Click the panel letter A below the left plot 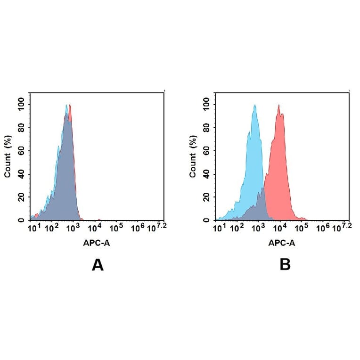tap(98, 266)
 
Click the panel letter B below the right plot tap(285, 266)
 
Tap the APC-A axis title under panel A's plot tap(98, 243)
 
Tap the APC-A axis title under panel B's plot tap(282, 243)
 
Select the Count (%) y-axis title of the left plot tap(8, 157)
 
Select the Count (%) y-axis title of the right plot tap(193, 157)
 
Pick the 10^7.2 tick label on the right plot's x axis tap(345, 228)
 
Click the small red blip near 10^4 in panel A tap(99, 219)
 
